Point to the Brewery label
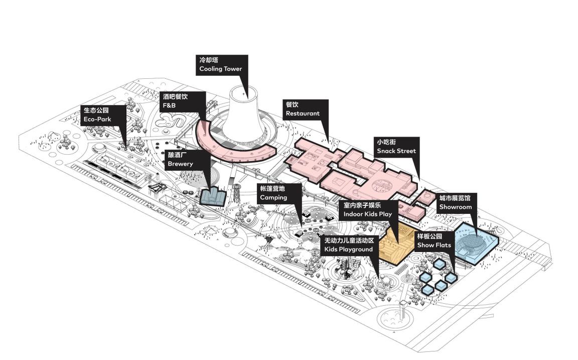(x=186, y=159)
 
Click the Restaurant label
(x=305, y=109)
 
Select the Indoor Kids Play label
(x=368, y=209)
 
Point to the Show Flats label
(x=435, y=241)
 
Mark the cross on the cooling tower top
(x=244, y=94)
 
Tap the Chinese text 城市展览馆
(x=455, y=198)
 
